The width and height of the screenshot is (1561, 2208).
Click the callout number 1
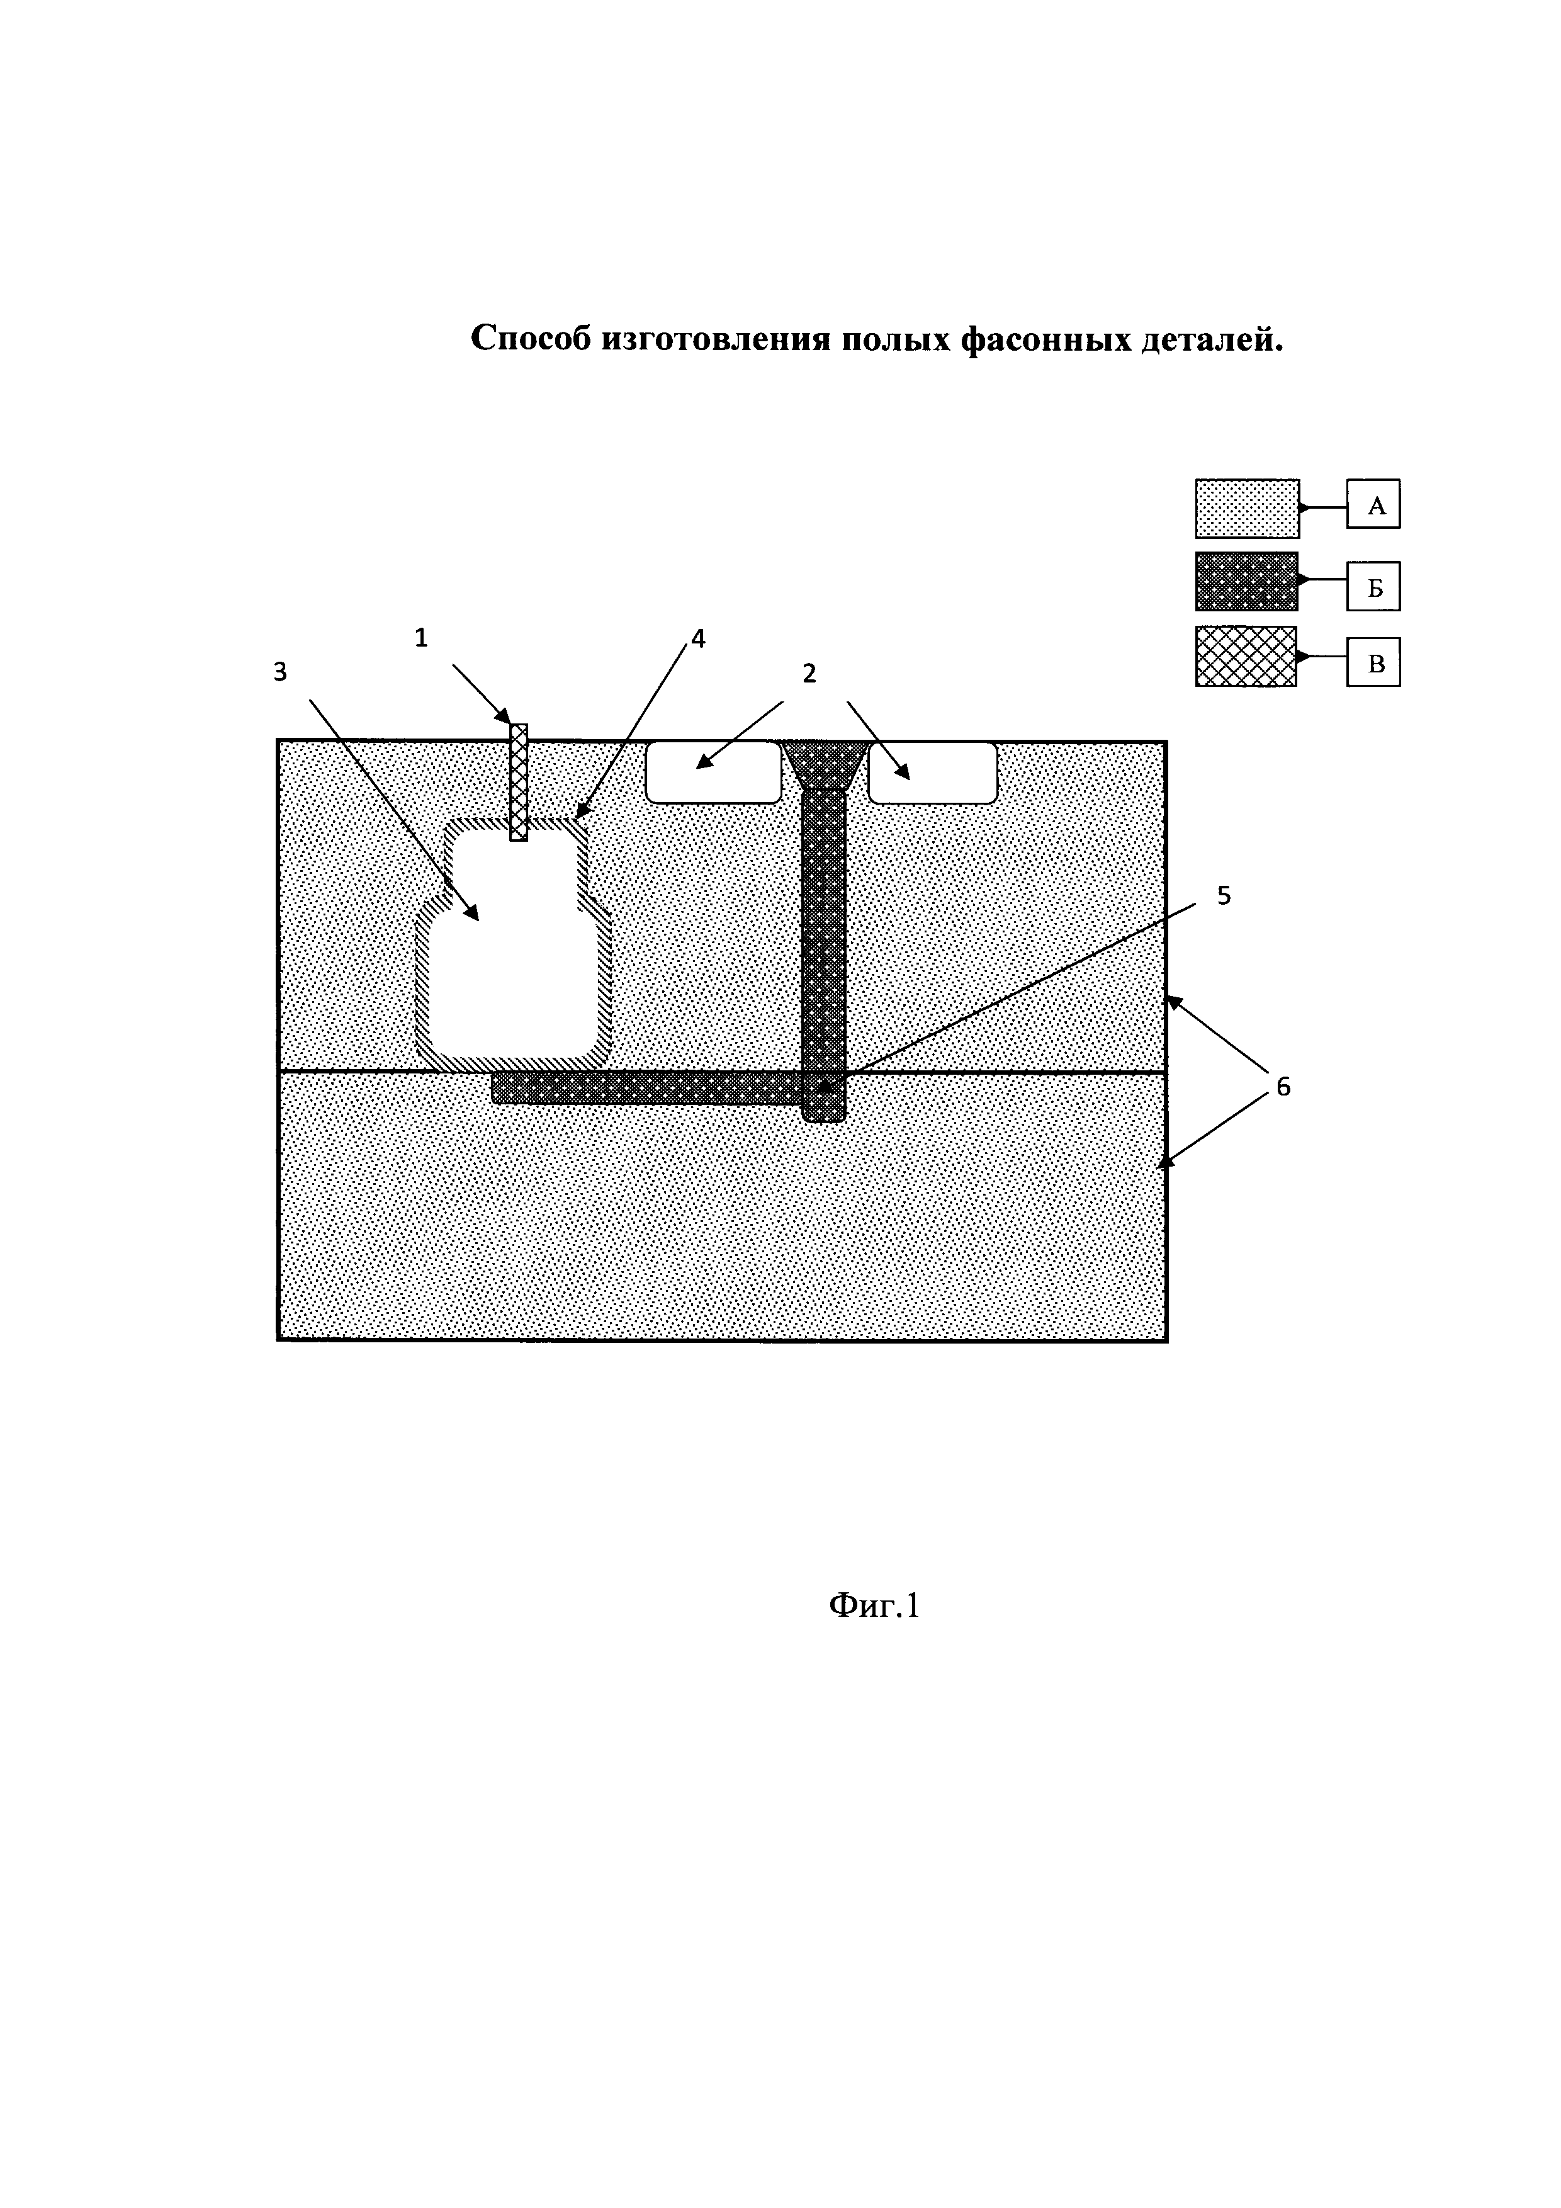tap(421, 638)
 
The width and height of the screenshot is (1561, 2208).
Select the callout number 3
tap(279, 672)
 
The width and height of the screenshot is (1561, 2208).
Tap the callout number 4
tap(698, 638)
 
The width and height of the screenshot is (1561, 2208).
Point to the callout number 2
tap(809, 673)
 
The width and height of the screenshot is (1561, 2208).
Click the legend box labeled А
tap(1373, 505)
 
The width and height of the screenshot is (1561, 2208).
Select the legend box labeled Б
tap(1373, 587)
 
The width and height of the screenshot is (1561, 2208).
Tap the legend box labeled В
tap(1373, 662)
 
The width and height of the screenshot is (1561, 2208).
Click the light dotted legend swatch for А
tap(1247, 507)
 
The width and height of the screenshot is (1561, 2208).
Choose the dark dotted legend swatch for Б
tap(1247, 582)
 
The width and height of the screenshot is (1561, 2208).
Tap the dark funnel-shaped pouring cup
tap(825, 764)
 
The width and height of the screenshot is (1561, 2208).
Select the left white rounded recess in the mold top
tap(713, 771)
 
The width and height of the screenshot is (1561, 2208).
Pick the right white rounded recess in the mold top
tap(932, 771)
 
